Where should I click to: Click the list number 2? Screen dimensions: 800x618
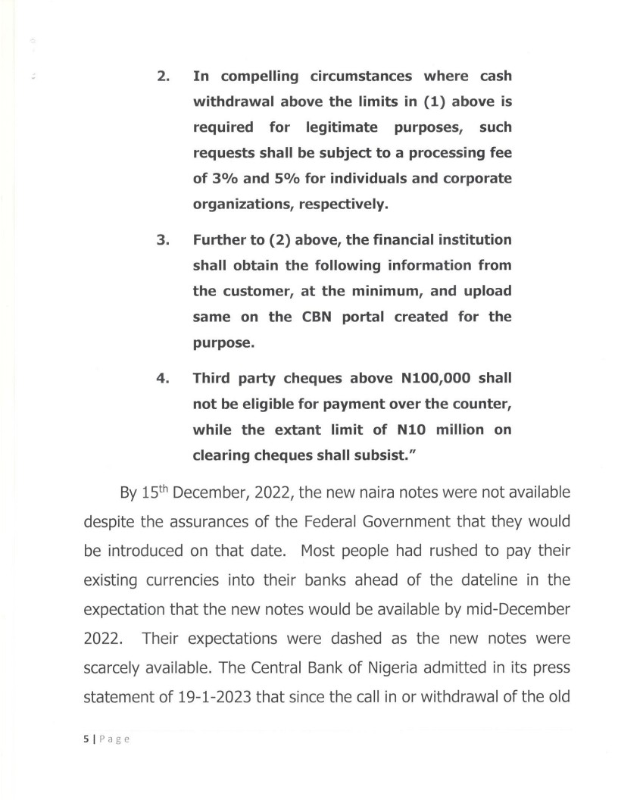161,77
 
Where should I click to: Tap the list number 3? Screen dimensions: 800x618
161,240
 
